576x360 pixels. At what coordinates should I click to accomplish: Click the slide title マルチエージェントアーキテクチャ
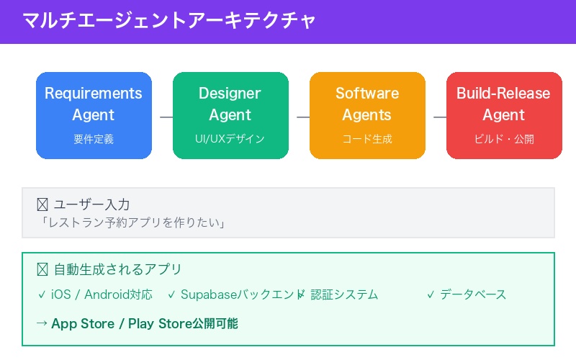169,20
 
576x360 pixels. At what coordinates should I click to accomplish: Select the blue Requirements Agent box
94,115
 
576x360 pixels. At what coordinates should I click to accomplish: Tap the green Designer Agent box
230,115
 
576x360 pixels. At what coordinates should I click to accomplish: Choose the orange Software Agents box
367,115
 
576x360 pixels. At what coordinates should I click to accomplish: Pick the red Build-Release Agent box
504,115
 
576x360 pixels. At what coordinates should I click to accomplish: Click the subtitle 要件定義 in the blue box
94,139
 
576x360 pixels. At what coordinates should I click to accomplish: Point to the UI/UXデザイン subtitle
230,139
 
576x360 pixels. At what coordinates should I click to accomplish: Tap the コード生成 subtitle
367,139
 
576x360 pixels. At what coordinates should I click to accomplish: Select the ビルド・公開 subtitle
504,139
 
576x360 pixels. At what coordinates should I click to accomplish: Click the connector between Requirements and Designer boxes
162,116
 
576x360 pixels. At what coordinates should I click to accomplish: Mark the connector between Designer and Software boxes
299,116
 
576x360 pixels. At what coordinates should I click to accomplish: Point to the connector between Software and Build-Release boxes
436,116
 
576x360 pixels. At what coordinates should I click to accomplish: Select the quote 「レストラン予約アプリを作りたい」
134,223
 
